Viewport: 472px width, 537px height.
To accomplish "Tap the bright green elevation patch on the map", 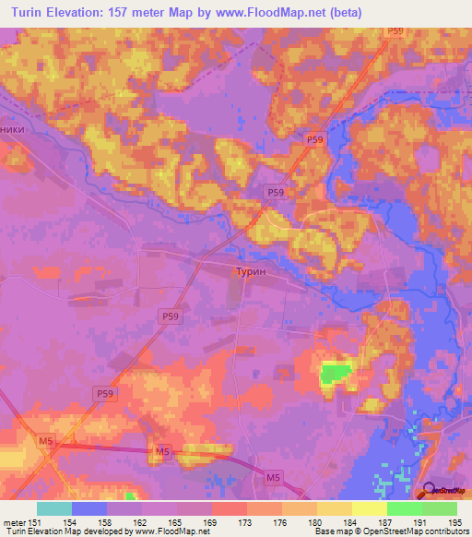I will click(x=336, y=372).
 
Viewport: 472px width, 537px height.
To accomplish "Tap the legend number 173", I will click(x=245, y=521).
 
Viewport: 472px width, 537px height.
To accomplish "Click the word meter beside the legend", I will click(x=14, y=521).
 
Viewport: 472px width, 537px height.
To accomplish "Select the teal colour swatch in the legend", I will click(x=53, y=508).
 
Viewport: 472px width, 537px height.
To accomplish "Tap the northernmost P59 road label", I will click(x=395, y=31).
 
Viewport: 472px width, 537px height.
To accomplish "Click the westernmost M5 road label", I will click(x=46, y=442).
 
